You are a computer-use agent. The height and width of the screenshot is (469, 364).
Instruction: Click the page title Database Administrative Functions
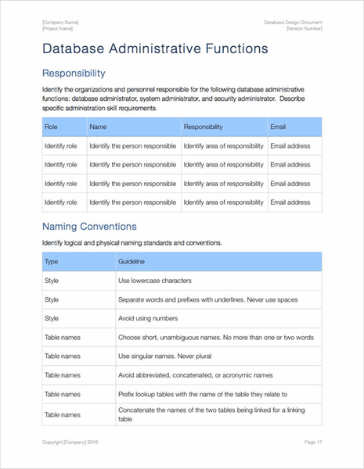(x=155, y=48)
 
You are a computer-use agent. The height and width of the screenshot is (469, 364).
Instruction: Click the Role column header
(x=52, y=127)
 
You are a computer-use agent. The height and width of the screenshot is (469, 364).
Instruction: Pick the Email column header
(x=278, y=127)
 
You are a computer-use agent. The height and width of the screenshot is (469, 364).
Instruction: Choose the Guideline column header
(x=132, y=262)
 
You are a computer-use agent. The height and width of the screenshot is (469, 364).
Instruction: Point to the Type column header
(x=52, y=262)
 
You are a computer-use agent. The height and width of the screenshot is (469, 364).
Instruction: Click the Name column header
(x=99, y=127)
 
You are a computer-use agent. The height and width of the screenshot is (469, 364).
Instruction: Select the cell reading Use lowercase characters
(x=155, y=281)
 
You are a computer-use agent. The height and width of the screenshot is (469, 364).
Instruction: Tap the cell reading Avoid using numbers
(x=148, y=318)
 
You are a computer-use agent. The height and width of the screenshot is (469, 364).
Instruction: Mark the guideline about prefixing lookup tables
(x=203, y=394)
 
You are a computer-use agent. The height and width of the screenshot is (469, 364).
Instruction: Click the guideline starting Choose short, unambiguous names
(x=215, y=337)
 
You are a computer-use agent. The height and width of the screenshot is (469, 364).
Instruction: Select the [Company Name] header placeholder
(x=61, y=22)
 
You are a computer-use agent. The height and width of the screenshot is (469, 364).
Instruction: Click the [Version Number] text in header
(x=304, y=27)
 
